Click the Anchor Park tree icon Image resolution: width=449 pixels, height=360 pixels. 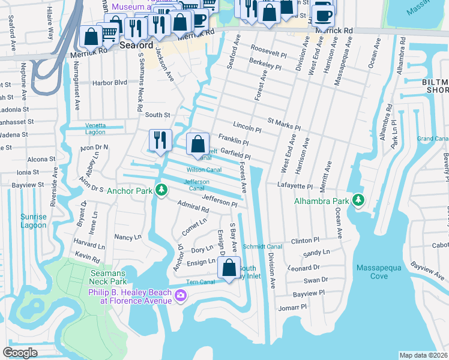pos(161,190)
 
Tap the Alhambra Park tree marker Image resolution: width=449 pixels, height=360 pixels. pos(358,199)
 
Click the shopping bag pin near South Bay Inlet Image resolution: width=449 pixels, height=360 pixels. pos(229,268)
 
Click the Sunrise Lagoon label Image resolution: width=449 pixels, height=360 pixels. pos(33,221)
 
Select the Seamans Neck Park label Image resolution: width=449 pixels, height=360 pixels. pos(109,277)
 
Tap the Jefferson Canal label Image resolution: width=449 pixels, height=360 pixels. pos(196,185)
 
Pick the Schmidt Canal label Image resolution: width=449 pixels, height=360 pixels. pos(262,247)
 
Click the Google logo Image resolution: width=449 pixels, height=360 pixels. pos(20,353)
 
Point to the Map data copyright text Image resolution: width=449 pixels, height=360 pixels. pos(423,355)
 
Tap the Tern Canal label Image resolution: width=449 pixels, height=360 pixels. pos(200,282)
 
